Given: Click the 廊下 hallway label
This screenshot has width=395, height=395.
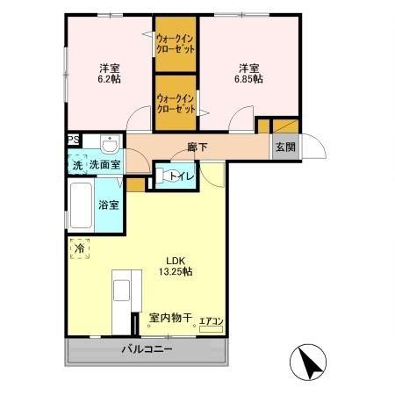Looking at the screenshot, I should [x=197, y=147].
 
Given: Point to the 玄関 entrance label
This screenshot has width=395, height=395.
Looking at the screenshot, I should [x=284, y=147].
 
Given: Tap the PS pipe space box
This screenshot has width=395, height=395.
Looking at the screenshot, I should [x=73, y=139].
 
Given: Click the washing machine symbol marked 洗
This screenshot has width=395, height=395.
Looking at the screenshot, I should [x=77, y=164].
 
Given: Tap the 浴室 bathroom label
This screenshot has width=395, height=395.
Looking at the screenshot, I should [x=110, y=205].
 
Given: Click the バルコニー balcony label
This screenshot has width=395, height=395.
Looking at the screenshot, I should [x=146, y=350].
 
